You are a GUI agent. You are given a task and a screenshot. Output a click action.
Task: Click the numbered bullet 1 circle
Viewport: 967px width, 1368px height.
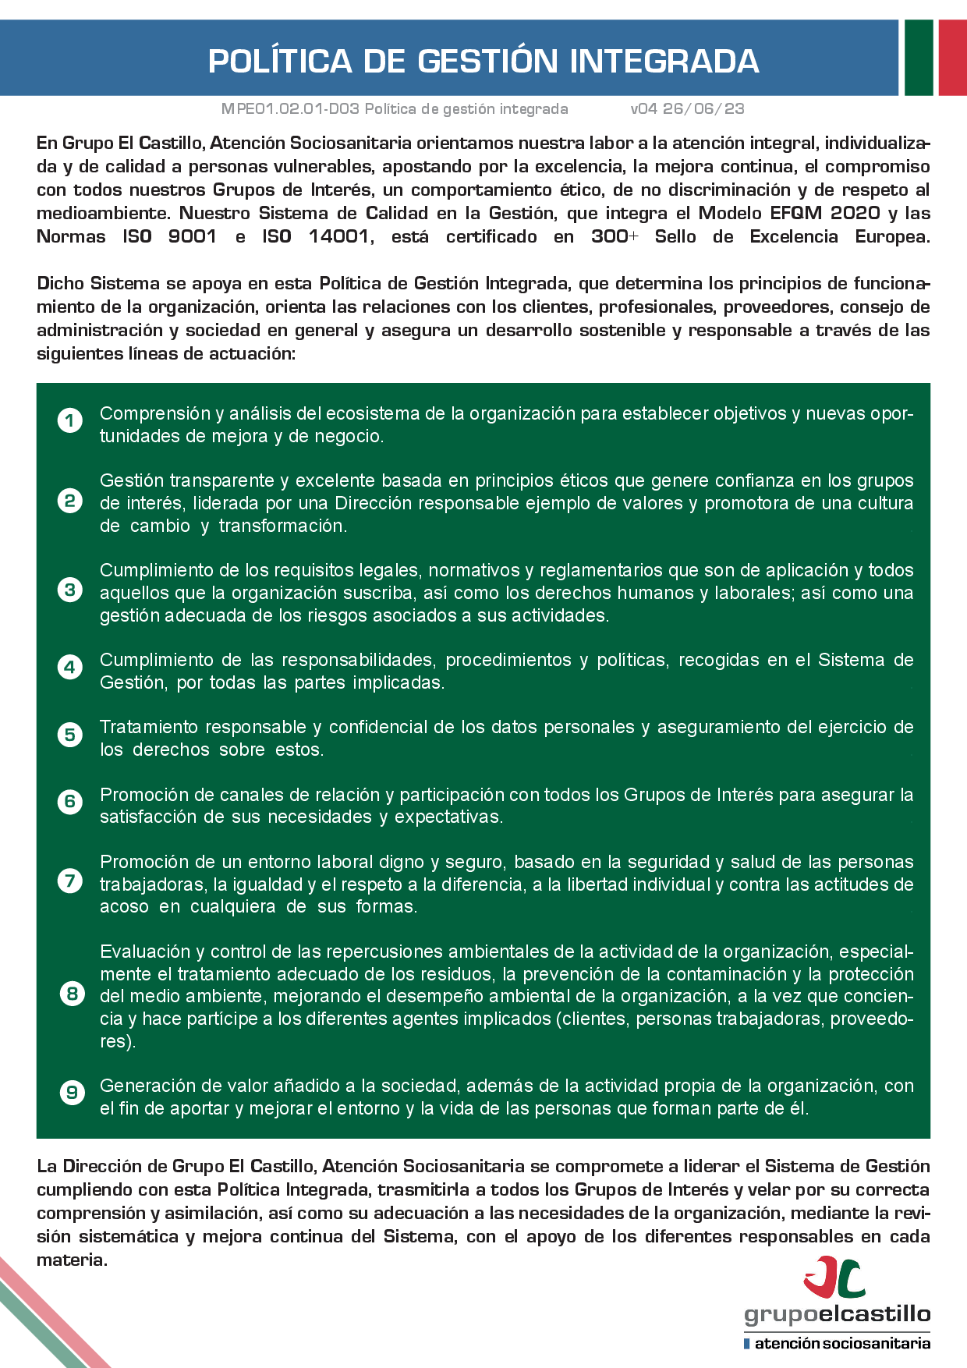[x=70, y=421]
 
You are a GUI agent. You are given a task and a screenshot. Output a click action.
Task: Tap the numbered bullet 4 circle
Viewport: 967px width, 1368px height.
[x=70, y=668]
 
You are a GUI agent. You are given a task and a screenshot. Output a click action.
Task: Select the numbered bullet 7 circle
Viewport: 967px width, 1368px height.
[x=70, y=881]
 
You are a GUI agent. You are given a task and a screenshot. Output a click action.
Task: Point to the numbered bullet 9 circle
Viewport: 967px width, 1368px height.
[x=72, y=1093]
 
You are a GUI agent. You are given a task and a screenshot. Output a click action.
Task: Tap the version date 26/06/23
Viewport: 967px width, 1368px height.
[x=703, y=109]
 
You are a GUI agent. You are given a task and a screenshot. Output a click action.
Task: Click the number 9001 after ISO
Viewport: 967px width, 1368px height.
[x=192, y=236]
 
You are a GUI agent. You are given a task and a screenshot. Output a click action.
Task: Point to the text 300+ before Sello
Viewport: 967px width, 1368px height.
[x=615, y=236]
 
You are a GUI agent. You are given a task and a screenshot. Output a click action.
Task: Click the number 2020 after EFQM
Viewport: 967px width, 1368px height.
[x=855, y=213]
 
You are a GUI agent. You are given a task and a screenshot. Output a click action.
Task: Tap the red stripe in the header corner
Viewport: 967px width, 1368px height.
[x=952, y=58]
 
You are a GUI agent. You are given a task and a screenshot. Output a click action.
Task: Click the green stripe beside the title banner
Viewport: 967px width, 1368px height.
[x=919, y=58]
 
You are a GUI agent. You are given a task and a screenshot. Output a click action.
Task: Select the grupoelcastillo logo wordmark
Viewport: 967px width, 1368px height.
[x=837, y=1314]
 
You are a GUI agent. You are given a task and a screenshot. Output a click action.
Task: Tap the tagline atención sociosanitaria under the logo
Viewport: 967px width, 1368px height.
[x=841, y=1343]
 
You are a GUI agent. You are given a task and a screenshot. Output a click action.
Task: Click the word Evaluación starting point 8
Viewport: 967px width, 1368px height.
[x=145, y=952]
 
